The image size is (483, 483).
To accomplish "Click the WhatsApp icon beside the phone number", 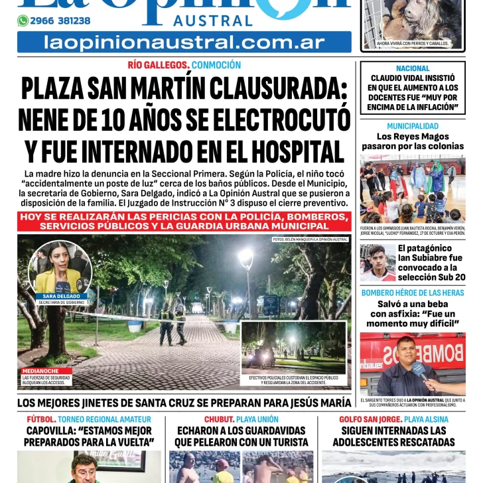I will [x=23, y=21].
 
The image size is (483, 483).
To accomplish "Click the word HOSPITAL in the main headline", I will [x=290, y=152].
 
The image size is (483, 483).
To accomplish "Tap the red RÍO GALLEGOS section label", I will [x=159, y=65].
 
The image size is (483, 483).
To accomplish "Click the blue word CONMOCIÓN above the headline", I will [x=216, y=65].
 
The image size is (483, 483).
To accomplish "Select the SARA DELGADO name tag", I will [x=60, y=296].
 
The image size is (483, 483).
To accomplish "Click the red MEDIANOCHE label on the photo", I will [x=40, y=372].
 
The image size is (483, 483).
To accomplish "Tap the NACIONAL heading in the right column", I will [x=413, y=68].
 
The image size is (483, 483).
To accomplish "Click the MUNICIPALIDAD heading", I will [x=413, y=126].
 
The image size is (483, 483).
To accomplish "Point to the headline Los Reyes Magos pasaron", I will [x=413, y=141].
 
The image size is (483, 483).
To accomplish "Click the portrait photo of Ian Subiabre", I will [x=377, y=263].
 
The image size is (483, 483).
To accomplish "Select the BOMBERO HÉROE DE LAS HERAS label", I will [x=413, y=293].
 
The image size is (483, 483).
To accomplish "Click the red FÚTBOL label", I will [x=40, y=419].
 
